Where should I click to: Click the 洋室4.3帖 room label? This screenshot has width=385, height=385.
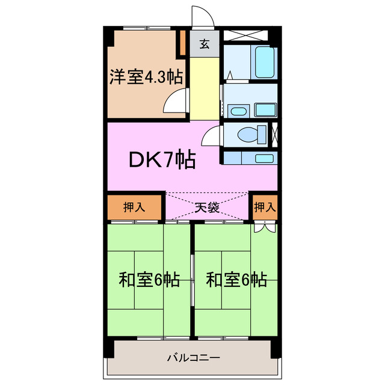click(146, 78)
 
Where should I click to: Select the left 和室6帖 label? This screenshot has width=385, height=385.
click(149, 280)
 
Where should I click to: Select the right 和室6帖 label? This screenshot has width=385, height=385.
click(236, 280)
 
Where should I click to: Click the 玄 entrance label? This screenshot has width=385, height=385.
click(205, 44)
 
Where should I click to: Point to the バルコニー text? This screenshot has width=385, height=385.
click(193, 359)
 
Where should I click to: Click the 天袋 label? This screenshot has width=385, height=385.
click(206, 208)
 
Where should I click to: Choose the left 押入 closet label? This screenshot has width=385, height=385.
click(134, 208)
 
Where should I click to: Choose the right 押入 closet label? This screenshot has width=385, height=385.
click(265, 208)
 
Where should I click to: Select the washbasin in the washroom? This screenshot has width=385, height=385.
click(238, 111)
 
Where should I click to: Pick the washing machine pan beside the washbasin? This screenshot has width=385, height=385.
click(265, 109)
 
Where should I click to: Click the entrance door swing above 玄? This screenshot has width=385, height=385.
click(200, 17)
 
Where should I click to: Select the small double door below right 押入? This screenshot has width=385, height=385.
click(265, 227)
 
